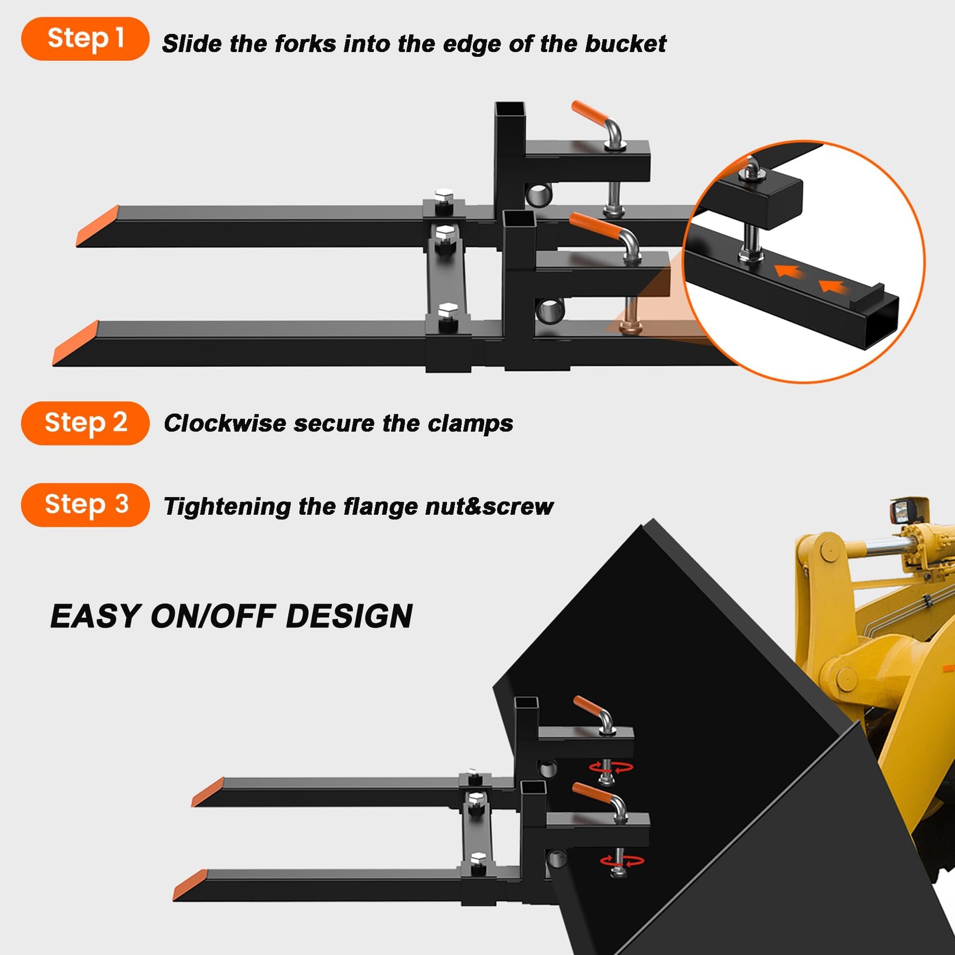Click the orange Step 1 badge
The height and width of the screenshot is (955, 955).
85,39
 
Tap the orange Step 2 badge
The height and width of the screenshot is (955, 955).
85,423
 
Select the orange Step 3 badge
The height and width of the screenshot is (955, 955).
85,504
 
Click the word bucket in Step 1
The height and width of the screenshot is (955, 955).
625,44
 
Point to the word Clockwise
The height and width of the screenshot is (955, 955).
225,423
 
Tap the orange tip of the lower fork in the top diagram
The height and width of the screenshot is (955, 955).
76,343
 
